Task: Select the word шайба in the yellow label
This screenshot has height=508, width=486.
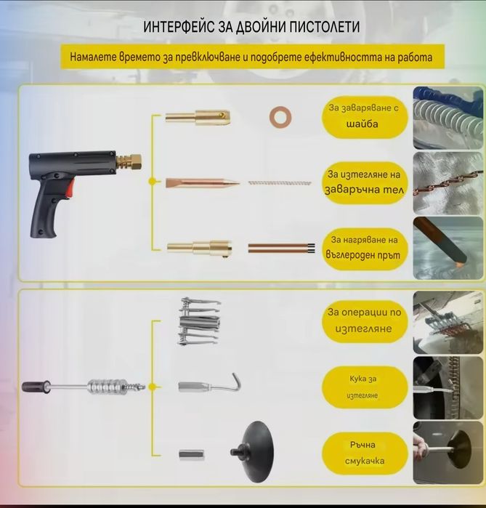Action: (x=362, y=124)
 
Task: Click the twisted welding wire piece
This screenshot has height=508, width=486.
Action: (x=279, y=182)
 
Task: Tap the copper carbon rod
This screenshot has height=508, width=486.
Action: (x=279, y=248)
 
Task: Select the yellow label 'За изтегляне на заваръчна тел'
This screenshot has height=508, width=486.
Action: (x=363, y=183)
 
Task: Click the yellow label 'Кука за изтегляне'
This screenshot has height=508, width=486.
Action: (x=364, y=387)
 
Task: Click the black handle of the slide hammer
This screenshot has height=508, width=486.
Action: (x=36, y=387)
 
